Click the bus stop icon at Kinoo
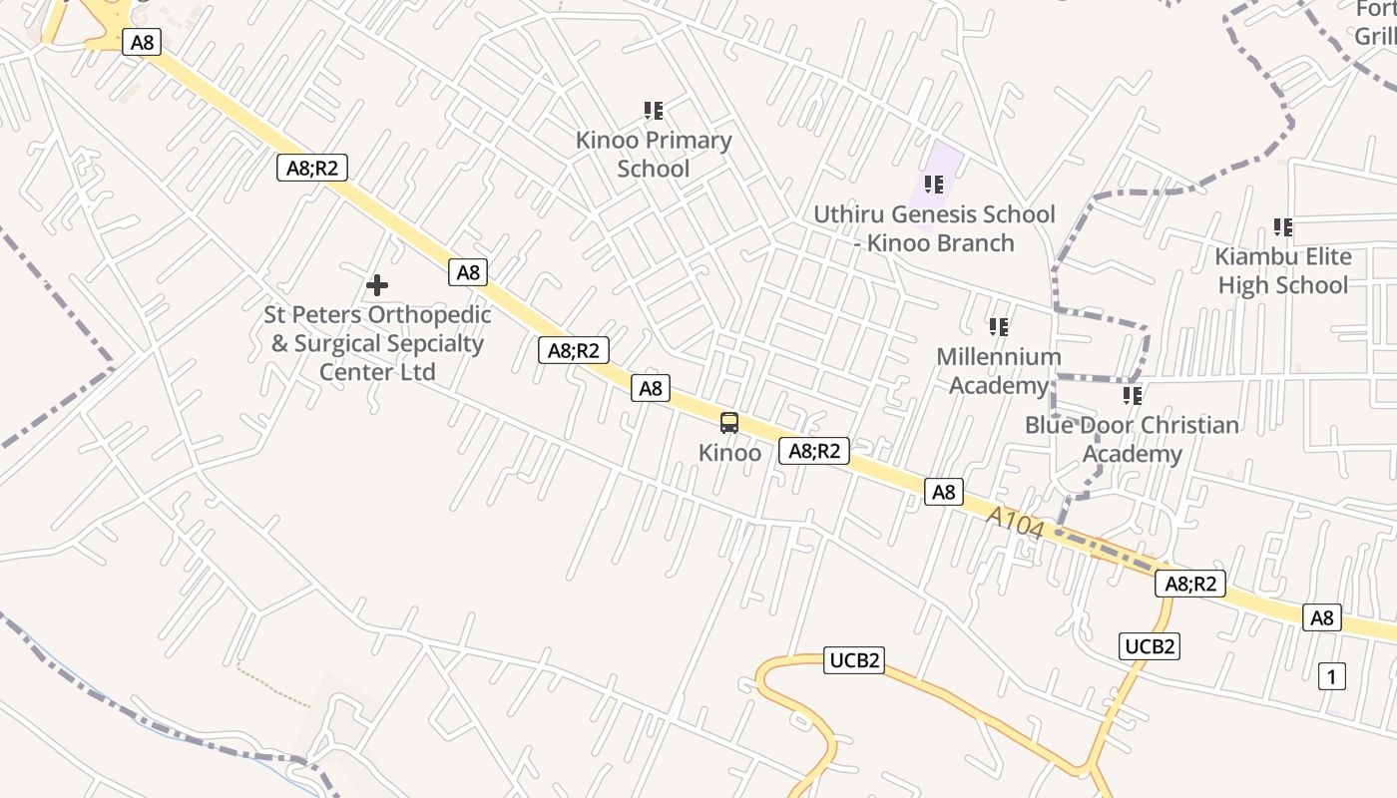pos(729,423)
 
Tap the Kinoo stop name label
pos(729,453)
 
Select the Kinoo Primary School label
pos(654,155)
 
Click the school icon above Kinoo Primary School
pos(654,110)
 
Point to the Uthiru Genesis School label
pos(934,228)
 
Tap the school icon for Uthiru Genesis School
pos(934,185)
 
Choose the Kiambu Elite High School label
pos(1283,271)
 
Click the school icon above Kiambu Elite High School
pos(1283,227)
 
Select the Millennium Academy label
pos(998,371)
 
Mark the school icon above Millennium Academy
pos(998,326)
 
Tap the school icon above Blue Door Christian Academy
pos(1132,396)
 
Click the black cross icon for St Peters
pos(377,286)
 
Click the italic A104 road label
pos(1015,523)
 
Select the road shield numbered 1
pos(1331,676)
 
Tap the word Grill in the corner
pos(1375,36)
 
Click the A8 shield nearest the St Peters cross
pos(468,272)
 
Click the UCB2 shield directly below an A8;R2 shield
pos(1150,646)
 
